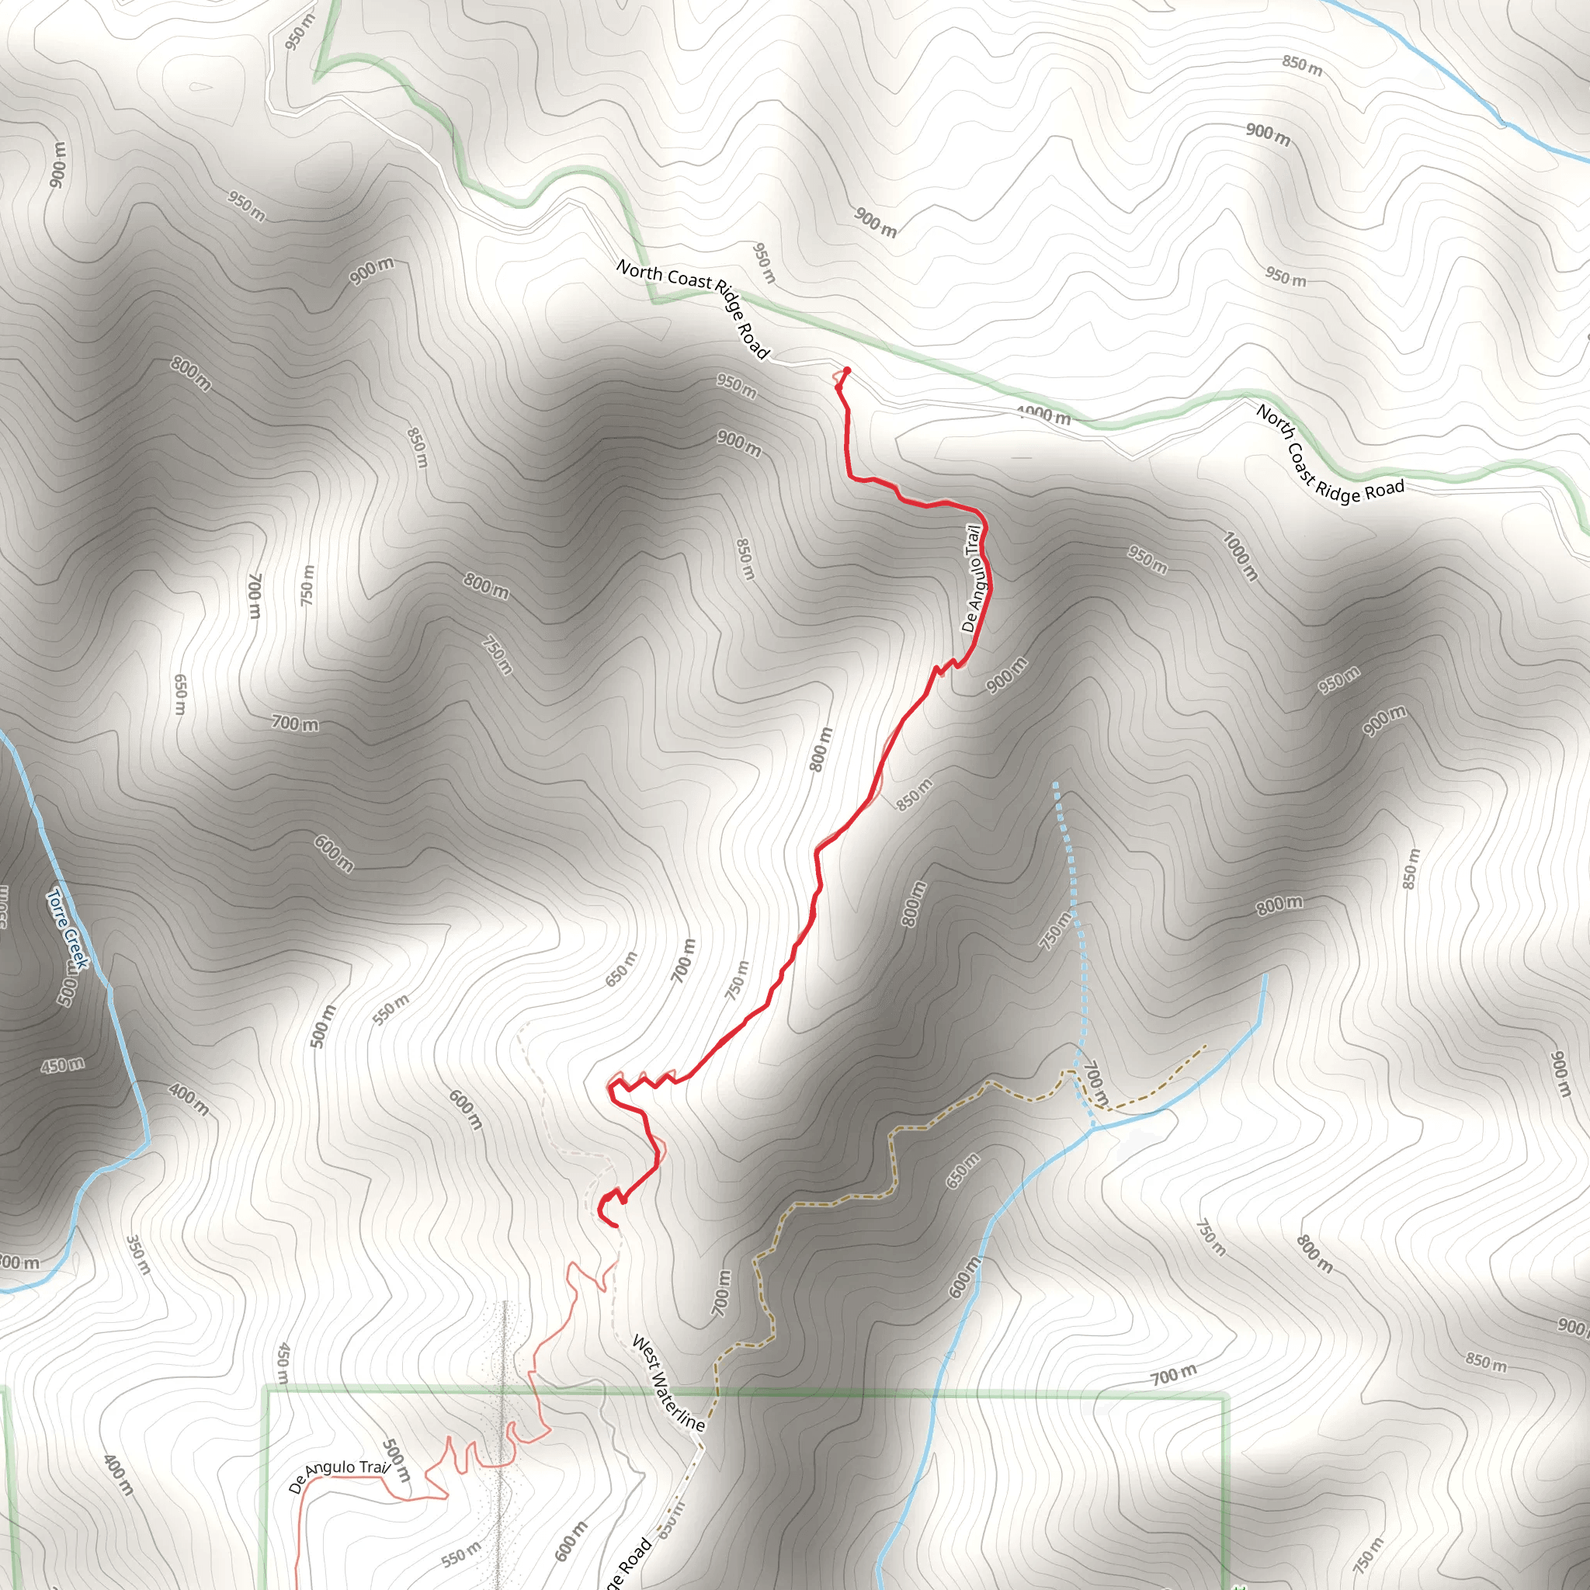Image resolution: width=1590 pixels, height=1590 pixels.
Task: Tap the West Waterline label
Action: pos(668,1383)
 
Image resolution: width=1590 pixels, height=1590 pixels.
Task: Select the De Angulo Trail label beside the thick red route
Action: pos(973,578)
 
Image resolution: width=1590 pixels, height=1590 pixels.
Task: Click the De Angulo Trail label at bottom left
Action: pos(338,1476)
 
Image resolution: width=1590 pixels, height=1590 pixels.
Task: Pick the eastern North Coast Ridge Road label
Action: pos(1328,454)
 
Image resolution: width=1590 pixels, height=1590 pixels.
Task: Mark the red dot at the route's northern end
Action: pos(847,370)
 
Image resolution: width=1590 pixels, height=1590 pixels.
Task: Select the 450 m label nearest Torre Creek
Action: pos(63,1065)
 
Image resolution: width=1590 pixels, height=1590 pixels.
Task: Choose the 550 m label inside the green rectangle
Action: pos(460,1554)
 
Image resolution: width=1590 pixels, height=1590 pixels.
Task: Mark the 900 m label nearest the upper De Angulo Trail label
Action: pos(1006,675)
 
